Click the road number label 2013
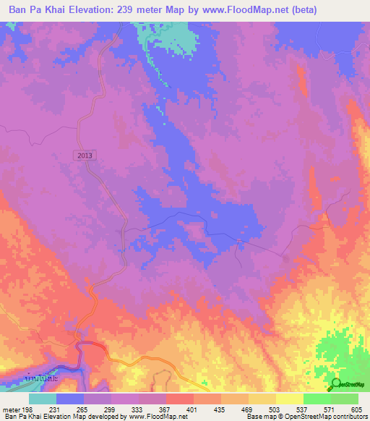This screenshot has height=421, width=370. point(84,155)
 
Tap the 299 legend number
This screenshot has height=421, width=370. point(111,409)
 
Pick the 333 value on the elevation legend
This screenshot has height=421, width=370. point(139,409)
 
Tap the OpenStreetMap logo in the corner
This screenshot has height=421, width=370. point(349,384)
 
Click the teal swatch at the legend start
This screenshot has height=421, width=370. point(43,399)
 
